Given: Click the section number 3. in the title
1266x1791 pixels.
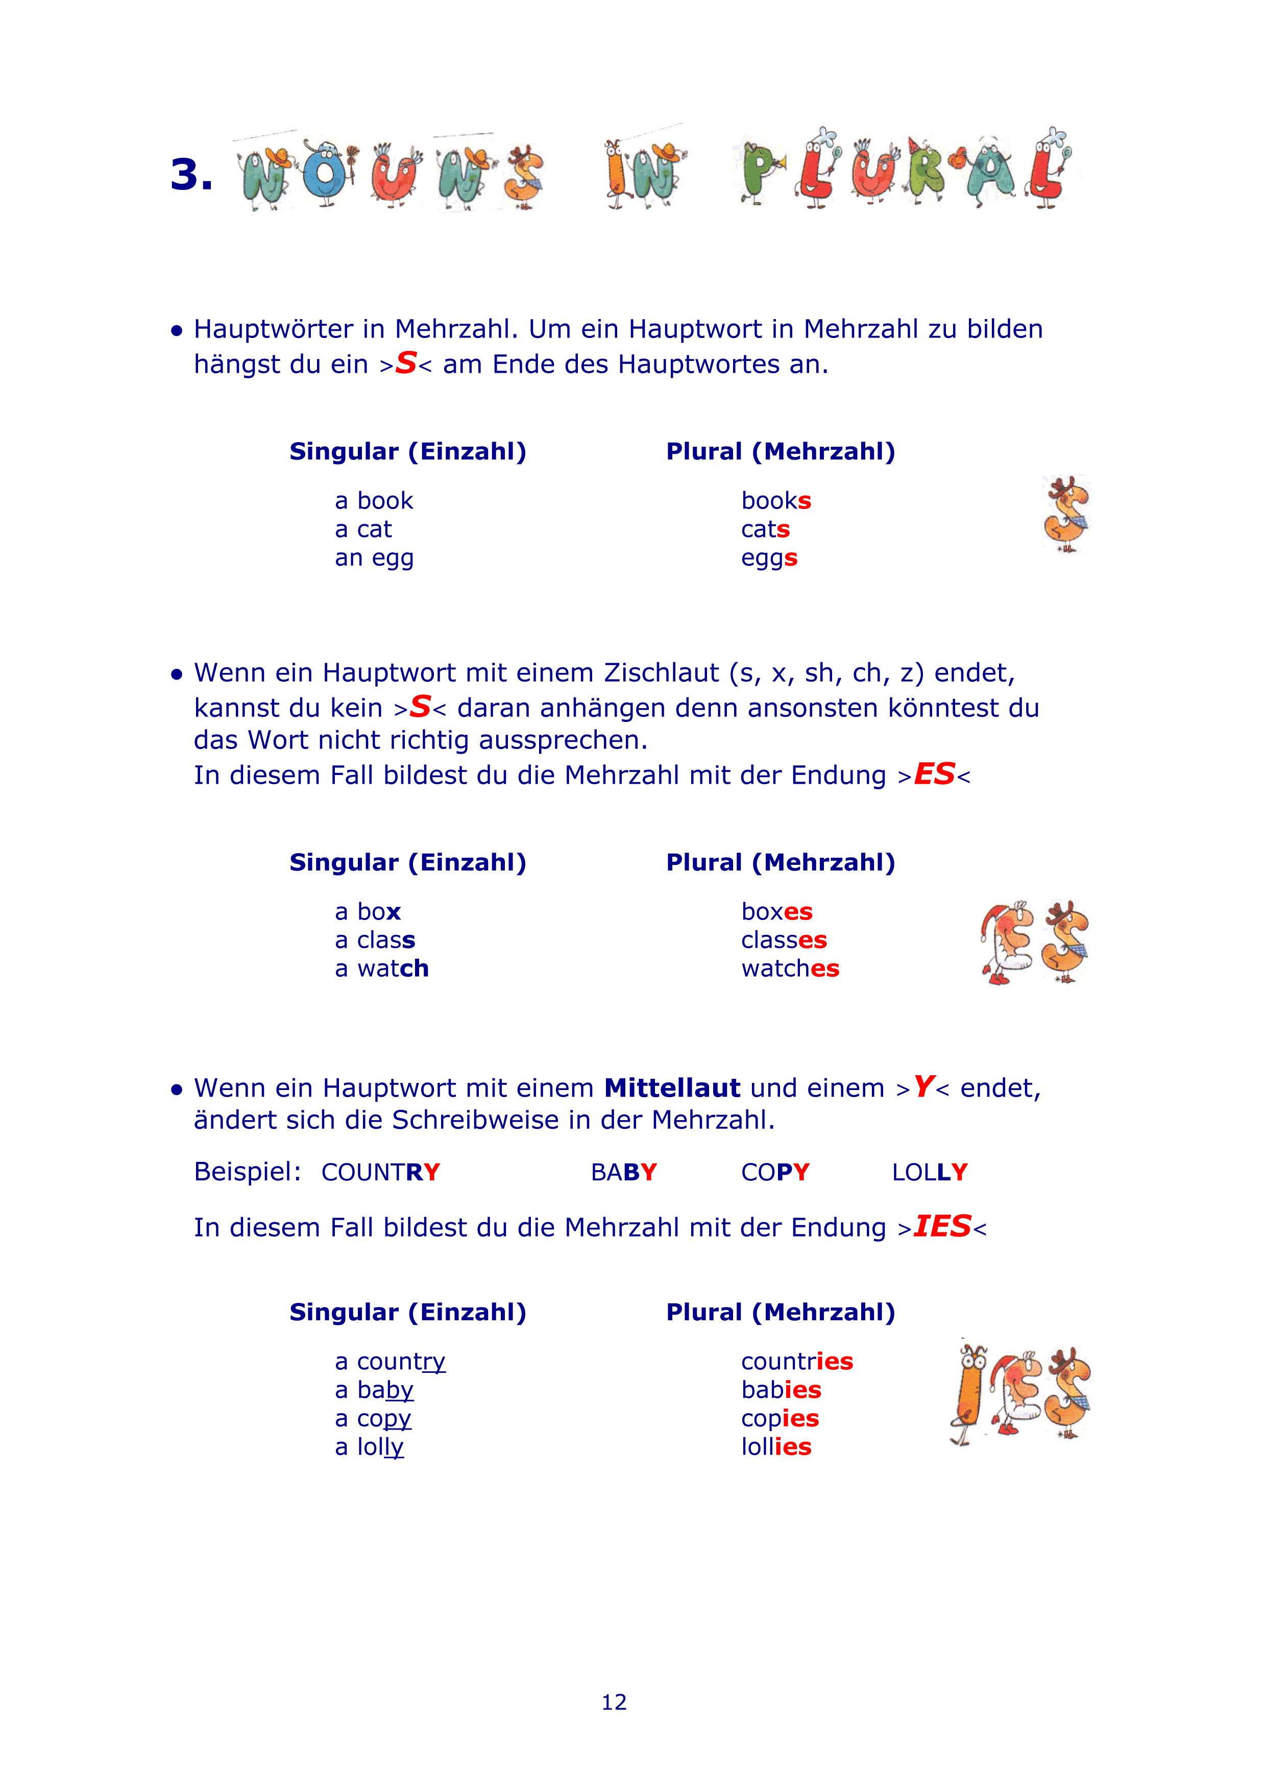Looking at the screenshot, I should (191, 174).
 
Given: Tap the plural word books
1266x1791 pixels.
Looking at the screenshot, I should (776, 501).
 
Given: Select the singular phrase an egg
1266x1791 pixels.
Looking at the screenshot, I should (374, 559).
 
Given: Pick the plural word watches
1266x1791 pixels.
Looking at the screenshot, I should (789, 969).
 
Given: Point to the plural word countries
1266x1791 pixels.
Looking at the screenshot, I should (796, 1361).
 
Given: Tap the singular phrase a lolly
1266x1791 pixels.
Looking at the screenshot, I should (369, 1447).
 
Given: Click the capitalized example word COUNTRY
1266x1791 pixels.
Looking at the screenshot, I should (381, 1172).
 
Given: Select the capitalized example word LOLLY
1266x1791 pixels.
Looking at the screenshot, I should (929, 1172).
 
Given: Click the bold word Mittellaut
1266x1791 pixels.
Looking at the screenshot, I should (672, 1087).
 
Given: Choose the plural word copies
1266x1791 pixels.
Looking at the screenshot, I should (780, 1418).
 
